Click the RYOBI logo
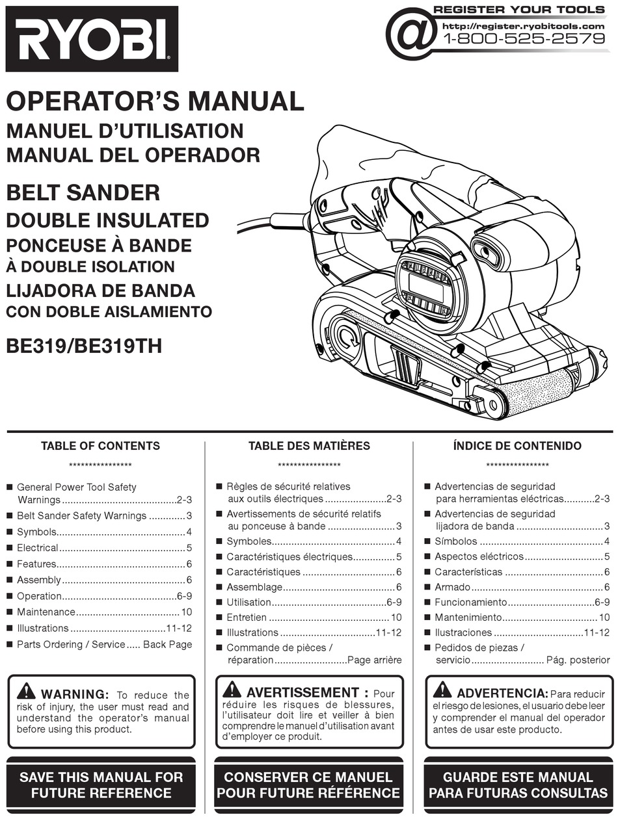(91, 38)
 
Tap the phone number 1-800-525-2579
(524, 39)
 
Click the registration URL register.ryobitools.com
(523, 26)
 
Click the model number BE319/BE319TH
(84, 345)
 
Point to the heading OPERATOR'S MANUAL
(155, 101)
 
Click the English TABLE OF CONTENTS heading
(100, 446)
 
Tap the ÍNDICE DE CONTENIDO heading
(517, 446)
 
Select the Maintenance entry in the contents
(46, 612)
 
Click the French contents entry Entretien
(247, 617)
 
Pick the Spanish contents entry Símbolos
(455, 541)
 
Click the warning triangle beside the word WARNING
(27, 691)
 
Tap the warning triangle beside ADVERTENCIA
(442, 690)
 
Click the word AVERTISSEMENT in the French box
(302, 693)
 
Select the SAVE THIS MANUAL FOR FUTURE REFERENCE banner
(101, 785)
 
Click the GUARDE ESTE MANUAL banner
(517, 785)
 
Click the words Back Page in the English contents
(167, 645)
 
